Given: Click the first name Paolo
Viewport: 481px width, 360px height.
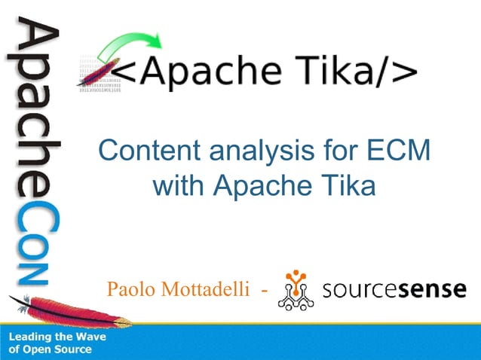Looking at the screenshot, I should pos(130,290).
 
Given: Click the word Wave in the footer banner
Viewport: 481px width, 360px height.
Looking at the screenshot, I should pos(90,337).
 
